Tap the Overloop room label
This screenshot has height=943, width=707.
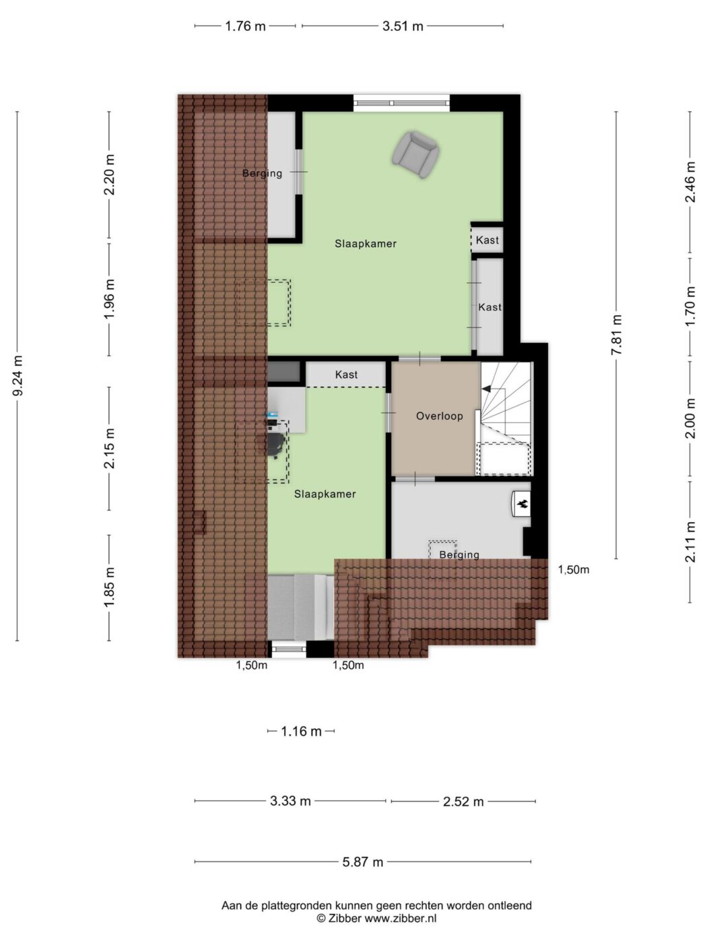[x=440, y=416]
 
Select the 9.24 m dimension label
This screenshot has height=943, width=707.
[x=18, y=376]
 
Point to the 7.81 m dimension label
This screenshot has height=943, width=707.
[x=616, y=335]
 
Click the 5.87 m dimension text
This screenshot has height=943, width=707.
[x=363, y=861]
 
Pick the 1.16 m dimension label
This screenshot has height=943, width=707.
[x=302, y=731]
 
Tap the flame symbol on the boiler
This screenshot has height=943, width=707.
[x=523, y=505]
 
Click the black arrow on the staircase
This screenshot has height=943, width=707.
[x=486, y=389]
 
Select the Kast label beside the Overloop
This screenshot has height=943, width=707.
[x=346, y=375]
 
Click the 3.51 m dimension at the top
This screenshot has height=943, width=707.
[x=403, y=26]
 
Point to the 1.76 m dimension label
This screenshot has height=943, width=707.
[x=246, y=26]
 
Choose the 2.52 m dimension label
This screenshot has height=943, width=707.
[x=463, y=802]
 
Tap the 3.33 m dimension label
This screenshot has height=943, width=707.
[x=291, y=802]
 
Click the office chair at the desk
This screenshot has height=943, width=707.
[x=275, y=444]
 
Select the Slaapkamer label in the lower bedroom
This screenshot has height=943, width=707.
[x=325, y=494]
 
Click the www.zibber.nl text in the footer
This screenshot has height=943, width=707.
[x=401, y=917]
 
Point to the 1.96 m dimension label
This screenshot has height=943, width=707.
[x=110, y=300]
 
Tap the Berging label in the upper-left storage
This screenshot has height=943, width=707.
[x=263, y=174]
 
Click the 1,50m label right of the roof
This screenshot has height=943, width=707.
[x=574, y=570]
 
